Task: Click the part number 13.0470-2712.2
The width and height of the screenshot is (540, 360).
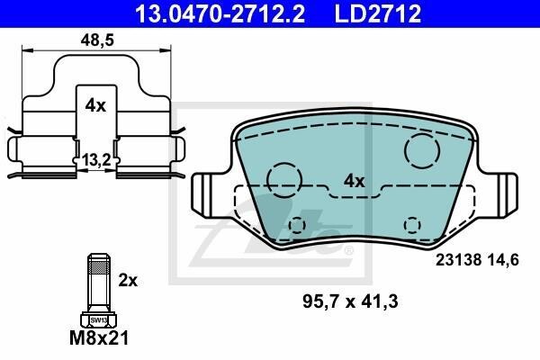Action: tap(220, 13)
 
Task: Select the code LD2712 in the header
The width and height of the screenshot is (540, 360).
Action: tap(378, 13)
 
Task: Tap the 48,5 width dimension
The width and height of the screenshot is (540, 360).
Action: tap(97, 40)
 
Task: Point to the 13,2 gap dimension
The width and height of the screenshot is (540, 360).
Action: tap(96, 160)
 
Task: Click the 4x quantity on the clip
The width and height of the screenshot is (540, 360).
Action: tap(95, 106)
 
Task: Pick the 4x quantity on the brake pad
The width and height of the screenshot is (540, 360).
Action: tap(354, 181)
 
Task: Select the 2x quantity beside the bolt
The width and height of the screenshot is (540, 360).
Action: tap(128, 281)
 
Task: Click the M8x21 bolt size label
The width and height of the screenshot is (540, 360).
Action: tap(99, 337)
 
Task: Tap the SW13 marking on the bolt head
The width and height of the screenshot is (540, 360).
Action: tap(99, 320)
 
